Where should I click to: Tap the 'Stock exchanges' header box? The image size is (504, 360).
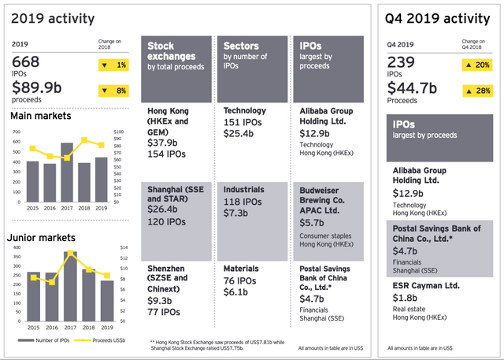[176, 69]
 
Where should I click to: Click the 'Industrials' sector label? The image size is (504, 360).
[245, 190]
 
